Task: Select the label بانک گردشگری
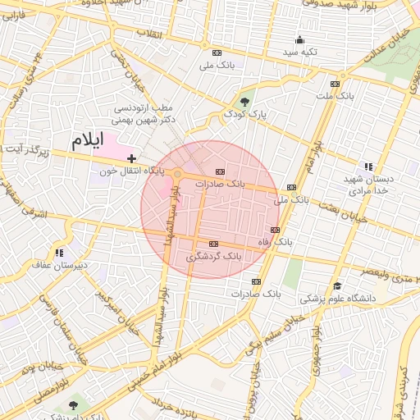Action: [x=214, y=257]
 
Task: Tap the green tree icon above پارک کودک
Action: [x=245, y=101]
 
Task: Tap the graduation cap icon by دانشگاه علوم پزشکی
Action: [x=337, y=285]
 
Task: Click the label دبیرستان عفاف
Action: [x=53, y=265]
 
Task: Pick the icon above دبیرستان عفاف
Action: [x=58, y=253]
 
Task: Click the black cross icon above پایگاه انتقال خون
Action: [x=131, y=157]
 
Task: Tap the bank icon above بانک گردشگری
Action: [x=214, y=244]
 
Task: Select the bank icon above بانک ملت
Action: [x=335, y=83]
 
